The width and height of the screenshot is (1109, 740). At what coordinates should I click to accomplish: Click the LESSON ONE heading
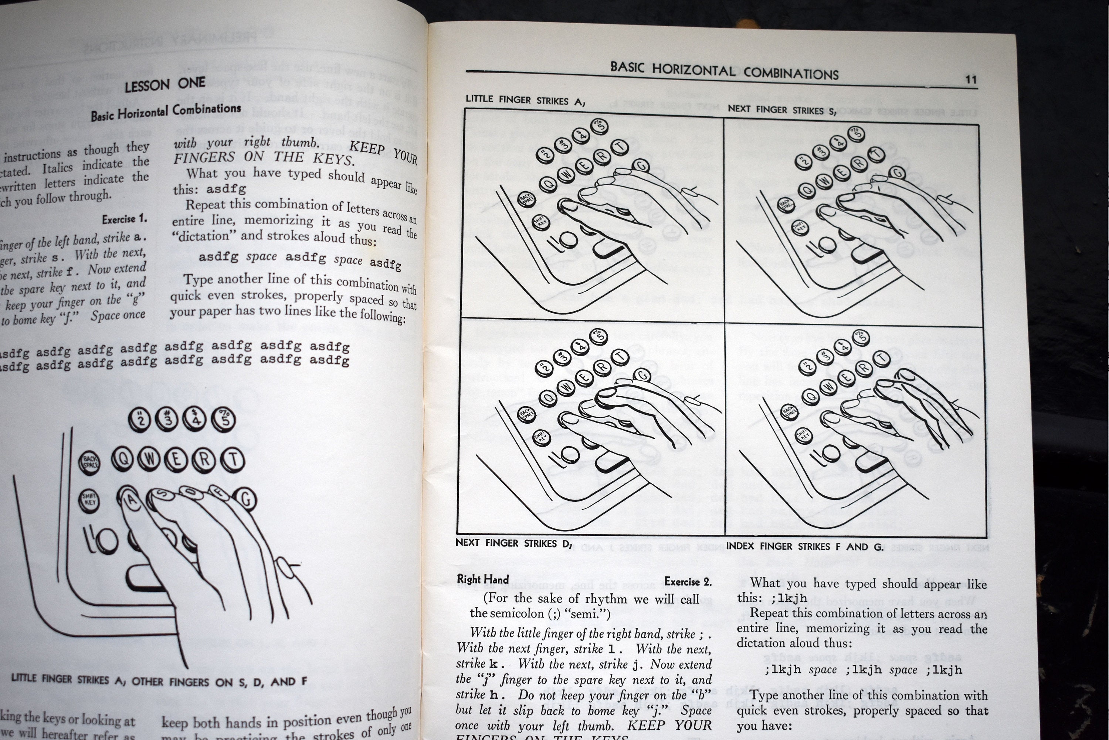(165, 84)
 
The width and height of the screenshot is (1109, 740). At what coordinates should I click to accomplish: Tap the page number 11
(970, 79)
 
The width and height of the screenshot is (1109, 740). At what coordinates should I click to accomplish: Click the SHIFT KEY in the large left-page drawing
(89, 499)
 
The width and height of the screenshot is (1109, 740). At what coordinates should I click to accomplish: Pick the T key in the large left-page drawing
(233, 460)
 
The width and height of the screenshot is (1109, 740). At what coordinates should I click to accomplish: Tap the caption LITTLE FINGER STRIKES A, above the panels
(525, 100)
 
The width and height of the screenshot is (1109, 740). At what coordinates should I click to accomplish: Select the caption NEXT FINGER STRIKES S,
(782, 110)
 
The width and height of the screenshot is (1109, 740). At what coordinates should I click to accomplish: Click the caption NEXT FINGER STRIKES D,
(513, 543)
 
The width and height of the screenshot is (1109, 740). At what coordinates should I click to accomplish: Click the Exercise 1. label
(125, 219)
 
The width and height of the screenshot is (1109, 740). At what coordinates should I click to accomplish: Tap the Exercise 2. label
(688, 581)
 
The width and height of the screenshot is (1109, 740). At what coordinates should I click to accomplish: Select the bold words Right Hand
(483, 579)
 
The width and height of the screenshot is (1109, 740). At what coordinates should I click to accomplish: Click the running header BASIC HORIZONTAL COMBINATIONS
(724, 71)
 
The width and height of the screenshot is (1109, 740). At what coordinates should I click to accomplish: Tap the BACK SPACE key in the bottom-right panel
(790, 412)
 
